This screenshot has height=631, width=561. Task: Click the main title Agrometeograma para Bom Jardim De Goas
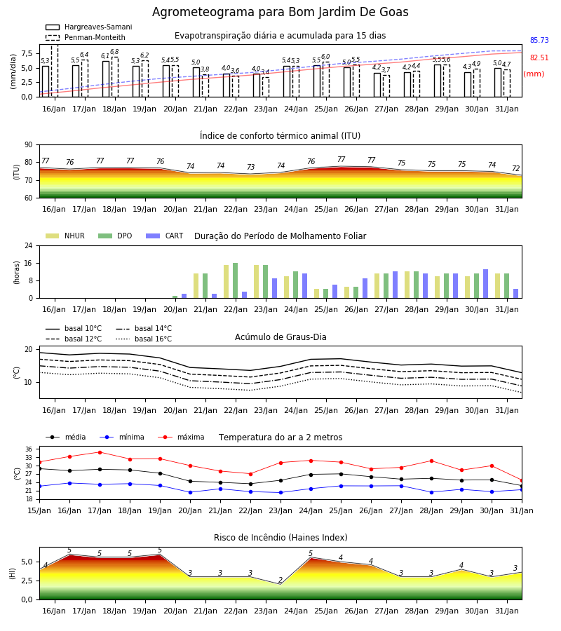(280, 12)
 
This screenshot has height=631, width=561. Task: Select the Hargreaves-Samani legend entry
(89, 27)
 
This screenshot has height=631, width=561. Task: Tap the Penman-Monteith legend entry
(86, 37)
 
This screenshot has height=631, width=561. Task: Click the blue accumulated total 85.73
(539, 40)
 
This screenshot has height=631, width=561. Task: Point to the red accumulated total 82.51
(539, 57)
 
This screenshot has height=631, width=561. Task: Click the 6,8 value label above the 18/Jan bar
(114, 52)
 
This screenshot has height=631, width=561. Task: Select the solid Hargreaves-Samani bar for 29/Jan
(438, 81)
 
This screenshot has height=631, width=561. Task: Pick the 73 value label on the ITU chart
(251, 167)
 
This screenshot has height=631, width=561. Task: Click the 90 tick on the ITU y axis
(29, 145)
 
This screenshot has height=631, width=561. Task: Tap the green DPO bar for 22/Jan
(236, 281)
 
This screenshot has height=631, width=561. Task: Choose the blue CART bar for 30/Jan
(486, 284)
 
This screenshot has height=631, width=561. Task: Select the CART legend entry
(165, 236)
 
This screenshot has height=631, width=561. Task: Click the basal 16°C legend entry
(144, 339)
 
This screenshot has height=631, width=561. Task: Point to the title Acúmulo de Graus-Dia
(280, 337)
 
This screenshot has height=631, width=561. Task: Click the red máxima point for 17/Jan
(100, 452)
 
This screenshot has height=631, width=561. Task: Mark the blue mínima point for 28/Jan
(432, 492)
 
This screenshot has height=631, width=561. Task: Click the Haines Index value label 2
(280, 580)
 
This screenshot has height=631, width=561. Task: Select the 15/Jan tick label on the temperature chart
(39, 510)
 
